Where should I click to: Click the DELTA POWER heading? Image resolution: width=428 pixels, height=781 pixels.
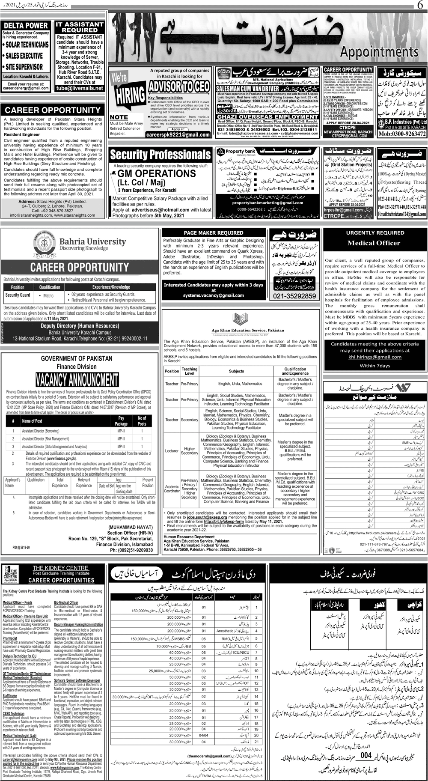point(26,26)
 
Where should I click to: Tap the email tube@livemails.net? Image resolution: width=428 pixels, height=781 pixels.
point(80,88)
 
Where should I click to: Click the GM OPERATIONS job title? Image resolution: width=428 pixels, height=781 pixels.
point(157,173)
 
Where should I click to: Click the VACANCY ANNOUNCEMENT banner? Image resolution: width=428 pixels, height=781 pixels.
point(77,379)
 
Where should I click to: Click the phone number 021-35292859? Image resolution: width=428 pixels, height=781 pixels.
point(294,296)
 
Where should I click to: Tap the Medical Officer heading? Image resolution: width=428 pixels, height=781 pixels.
point(374,243)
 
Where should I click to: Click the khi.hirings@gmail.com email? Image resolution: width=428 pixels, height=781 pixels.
point(375,357)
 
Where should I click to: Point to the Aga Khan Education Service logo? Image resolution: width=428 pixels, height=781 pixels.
point(237,320)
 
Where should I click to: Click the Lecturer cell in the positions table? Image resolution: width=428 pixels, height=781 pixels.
point(172,451)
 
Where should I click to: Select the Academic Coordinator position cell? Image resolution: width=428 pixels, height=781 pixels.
point(172,489)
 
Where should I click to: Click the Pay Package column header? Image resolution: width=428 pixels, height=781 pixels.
point(121,421)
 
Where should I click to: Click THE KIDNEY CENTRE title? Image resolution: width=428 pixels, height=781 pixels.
point(61,568)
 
